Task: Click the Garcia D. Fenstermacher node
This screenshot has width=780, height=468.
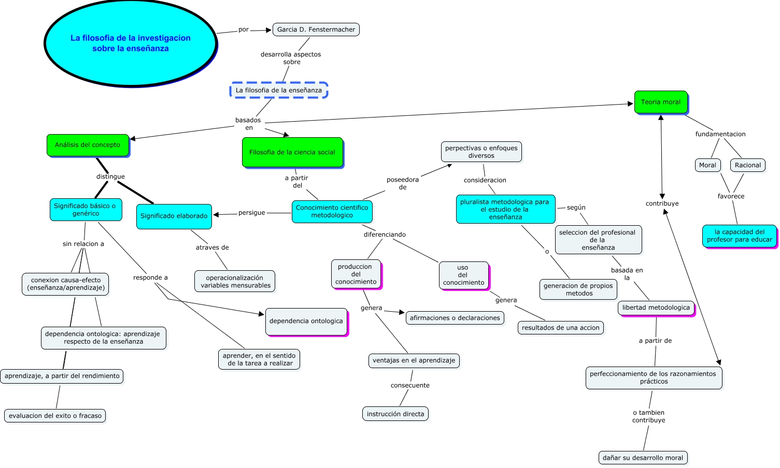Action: point(316,30)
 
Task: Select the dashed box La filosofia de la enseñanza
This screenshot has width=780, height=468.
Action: point(279,90)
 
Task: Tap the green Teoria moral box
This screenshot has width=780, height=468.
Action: point(661,102)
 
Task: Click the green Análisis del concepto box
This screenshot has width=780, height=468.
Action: point(88,145)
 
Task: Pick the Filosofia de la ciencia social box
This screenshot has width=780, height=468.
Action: point(292,152)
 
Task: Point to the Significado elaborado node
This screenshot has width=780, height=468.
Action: point(174,216)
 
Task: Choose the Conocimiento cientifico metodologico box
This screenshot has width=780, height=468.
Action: point(332,212)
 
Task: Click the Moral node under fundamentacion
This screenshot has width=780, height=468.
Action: point(707,165)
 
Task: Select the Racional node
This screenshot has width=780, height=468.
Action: point(748,165)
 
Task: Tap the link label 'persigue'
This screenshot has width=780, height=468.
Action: point(252,213)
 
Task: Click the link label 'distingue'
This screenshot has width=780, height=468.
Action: point(110,177)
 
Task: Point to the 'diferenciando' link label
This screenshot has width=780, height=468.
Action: point(385,235)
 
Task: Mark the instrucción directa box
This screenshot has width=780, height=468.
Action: point(395,414)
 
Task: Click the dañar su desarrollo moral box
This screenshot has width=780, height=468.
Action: point(643,458)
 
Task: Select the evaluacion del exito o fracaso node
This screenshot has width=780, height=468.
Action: point(55,416)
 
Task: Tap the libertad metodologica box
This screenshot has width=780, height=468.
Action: point(656,308)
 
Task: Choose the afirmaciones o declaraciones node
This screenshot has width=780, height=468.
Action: point(455,318)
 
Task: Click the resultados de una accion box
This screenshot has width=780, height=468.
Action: point(561,328)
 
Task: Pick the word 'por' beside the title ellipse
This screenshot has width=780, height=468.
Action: point(244,30)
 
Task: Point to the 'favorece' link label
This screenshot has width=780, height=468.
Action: point(731,196)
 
